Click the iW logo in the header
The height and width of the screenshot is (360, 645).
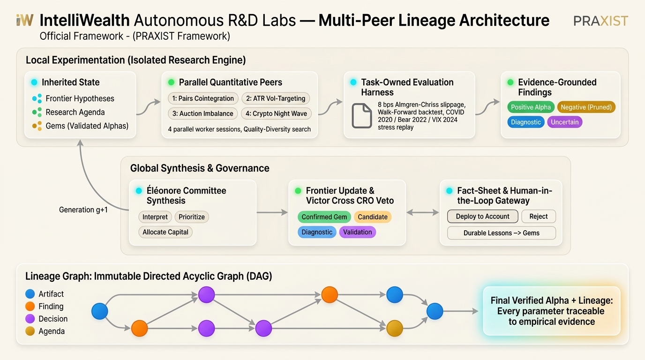point(25,20)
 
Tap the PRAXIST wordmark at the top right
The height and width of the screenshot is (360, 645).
point(600,21)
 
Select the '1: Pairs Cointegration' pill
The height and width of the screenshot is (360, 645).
point(203,98)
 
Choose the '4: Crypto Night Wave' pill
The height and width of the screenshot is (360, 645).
point(276,113)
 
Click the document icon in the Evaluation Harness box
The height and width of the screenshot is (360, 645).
point(362,115)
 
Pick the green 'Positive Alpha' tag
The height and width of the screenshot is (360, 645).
point(531,107)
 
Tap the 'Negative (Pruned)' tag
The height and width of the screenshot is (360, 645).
point(586,107)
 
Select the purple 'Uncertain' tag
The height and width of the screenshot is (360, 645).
point(565,122)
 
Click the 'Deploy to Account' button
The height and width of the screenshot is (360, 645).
point(483,216)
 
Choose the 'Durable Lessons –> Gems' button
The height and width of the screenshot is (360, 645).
point(501,233)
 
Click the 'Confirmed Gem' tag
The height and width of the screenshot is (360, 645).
point(324,217)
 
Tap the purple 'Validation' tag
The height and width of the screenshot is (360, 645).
point(357,232)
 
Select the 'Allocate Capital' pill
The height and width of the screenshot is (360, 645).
point(165,232)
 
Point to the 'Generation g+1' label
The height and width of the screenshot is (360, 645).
point(83,210)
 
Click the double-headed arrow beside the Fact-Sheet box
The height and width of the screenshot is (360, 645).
point(423,212)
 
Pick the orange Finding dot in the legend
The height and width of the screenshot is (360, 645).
point(30,306)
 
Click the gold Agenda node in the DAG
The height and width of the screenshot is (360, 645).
point(395,328)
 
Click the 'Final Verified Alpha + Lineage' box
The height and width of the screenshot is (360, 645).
point(551,311)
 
